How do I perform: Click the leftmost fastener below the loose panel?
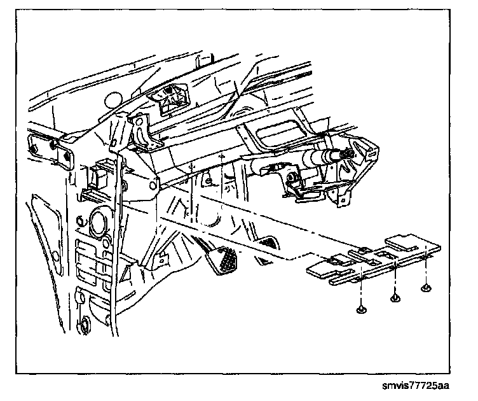click(x=361, y=309)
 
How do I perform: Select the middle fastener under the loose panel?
click(x=395, y=297)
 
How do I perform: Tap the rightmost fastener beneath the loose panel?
click(x=426, y=288)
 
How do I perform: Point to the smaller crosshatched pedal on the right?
click(x=270, y=243)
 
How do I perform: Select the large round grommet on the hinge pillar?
click(x=100, y=223)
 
